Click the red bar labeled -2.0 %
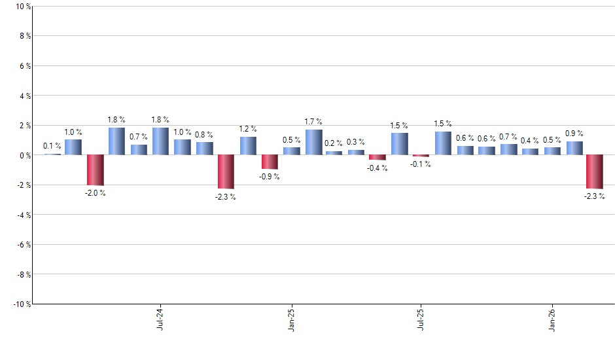click(x=96, y=170)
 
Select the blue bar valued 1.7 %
click(x=313, y=143)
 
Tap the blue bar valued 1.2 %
click(x=248, y=146)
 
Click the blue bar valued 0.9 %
click(x=574, y=149)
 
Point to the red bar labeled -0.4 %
click(x=378, y=158)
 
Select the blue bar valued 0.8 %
click(x=204, y=149)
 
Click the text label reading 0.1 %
click(x=52, y=146)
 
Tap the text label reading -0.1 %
click(x=421, y=164)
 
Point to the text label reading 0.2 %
click(x=334, y=143)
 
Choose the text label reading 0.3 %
click(x=356, y=141)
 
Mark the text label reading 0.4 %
click(x=529, y=140)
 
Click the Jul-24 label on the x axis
click(x=160, y=319)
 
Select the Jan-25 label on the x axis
click(x=291, y=319)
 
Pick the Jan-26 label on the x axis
click(x=552, y=319)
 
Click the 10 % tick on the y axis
click(x=22, y=7)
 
